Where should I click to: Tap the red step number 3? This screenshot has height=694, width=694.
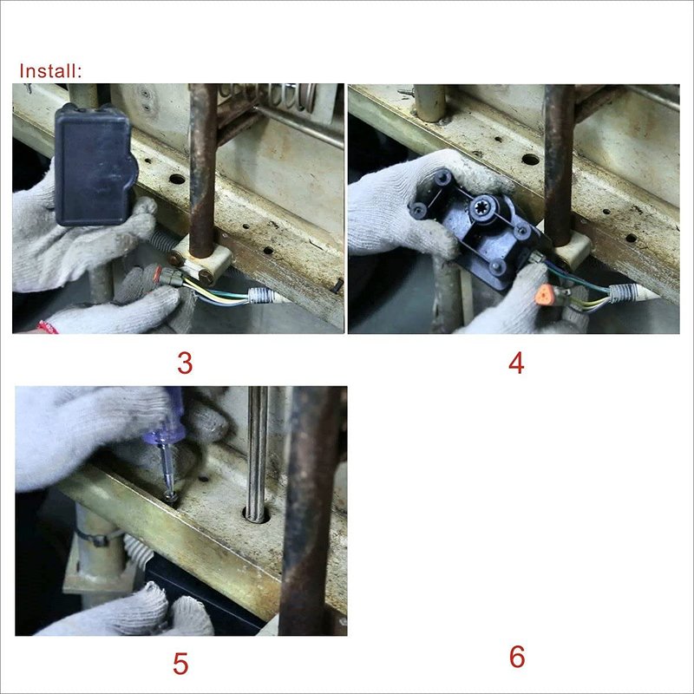click(185, 363)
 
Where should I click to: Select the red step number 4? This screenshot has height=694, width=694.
click(516, 363)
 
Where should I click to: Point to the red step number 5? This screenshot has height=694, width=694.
click(180, 664)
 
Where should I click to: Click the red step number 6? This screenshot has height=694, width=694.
click(517, 657)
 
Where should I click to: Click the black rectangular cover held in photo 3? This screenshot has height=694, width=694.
click(95, 165)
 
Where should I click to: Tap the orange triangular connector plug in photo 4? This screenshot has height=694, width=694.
click(543, 294)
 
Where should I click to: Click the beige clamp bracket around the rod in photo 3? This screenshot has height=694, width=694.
click(201, 261)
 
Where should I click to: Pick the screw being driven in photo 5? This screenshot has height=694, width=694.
click(170, 495)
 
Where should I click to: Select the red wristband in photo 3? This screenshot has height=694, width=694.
click(48, 328)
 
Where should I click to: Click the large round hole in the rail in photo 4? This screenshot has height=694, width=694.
click(530, 160)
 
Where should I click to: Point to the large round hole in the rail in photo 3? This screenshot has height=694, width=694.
click(178, 180)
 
